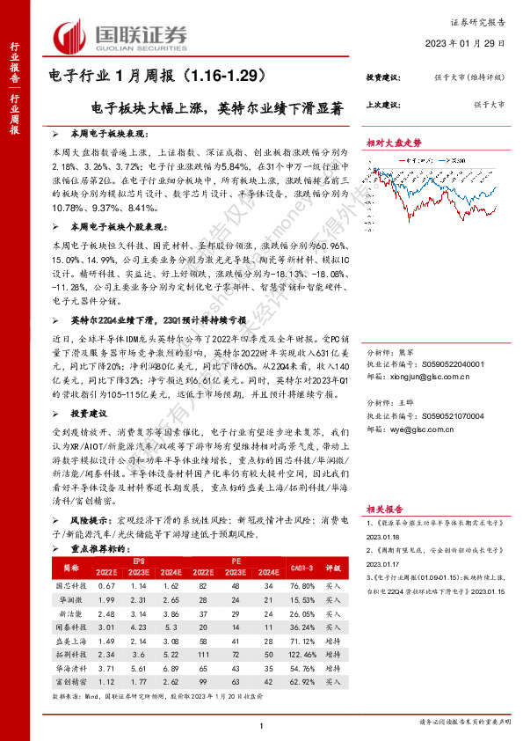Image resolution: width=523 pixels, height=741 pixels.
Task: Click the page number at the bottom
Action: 262,724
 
